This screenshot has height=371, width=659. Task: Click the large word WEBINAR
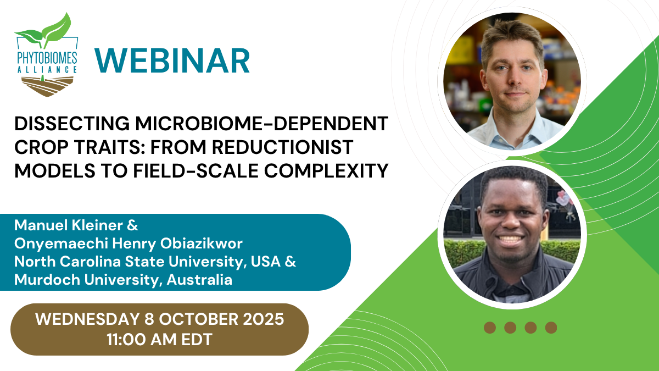click(172, 60)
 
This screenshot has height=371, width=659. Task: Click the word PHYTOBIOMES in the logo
click(47, 58)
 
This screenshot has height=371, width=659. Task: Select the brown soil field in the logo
click(47, 86)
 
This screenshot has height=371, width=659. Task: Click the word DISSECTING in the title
click(72, 124)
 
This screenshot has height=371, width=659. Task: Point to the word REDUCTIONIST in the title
click(282, 147)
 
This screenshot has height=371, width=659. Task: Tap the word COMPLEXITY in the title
click(326, 171)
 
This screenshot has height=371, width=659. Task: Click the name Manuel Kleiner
click(69, 225)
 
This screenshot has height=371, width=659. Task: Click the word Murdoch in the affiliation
click(47, 279)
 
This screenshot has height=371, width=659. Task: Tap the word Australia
click(199, 279)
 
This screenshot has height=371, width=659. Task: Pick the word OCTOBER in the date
click(198, 319)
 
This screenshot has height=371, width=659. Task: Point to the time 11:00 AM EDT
click(159, 340)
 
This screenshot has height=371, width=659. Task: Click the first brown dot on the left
click(490, 328)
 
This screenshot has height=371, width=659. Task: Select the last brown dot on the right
click(551, 328)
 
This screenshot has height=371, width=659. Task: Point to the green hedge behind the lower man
click(462, 253)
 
